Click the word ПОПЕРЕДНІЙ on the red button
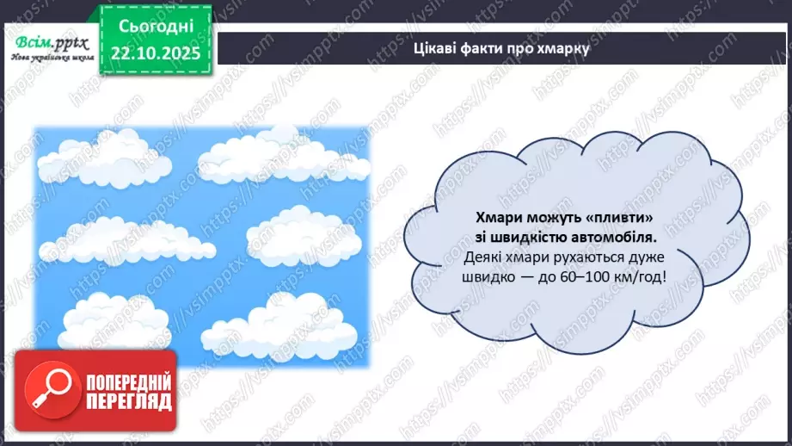tap(128, 383)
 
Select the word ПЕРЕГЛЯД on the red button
tap(128, 401)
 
